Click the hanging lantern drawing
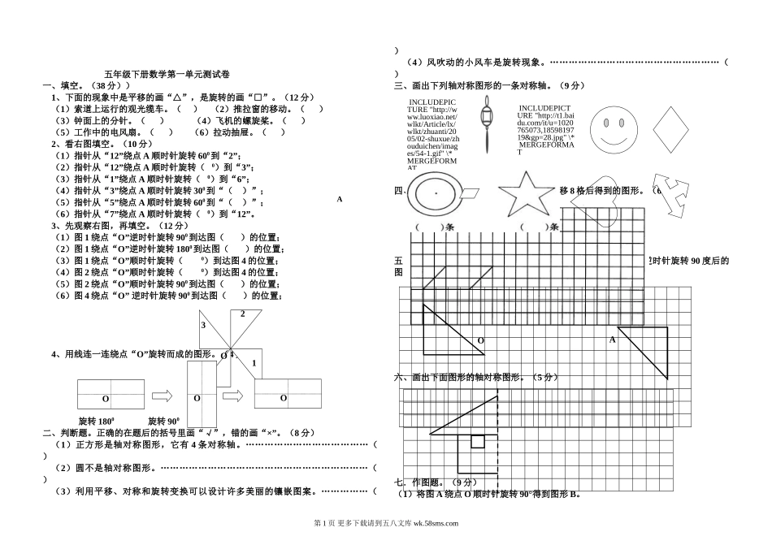click(x=486, y=121)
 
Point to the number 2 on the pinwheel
click(x=241, y=314)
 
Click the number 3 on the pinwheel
click(x=203, y=325)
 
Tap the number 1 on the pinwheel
click(x=254, y=363)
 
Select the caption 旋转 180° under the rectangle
click(x=96, y=422)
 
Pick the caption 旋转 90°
click(x=163, y=422)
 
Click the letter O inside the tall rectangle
click(x=197, y=399)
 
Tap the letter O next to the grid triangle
click(x=480, y=340)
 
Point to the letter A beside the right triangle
click(x=612, y=340)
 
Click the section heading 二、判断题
click(x=65, y=433)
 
